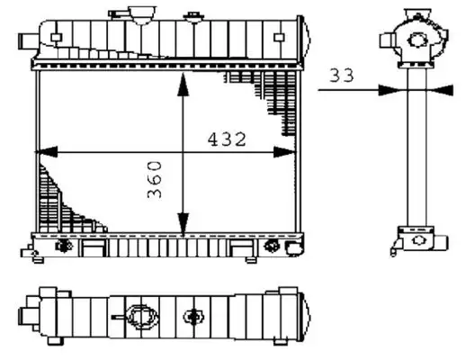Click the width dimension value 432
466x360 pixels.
pos(227,139)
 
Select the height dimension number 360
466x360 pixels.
pos(154,180)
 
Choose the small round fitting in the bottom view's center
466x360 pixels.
pos(193,317)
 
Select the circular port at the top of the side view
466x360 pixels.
pos(417,39)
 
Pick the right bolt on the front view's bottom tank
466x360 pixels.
pos(272,246)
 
